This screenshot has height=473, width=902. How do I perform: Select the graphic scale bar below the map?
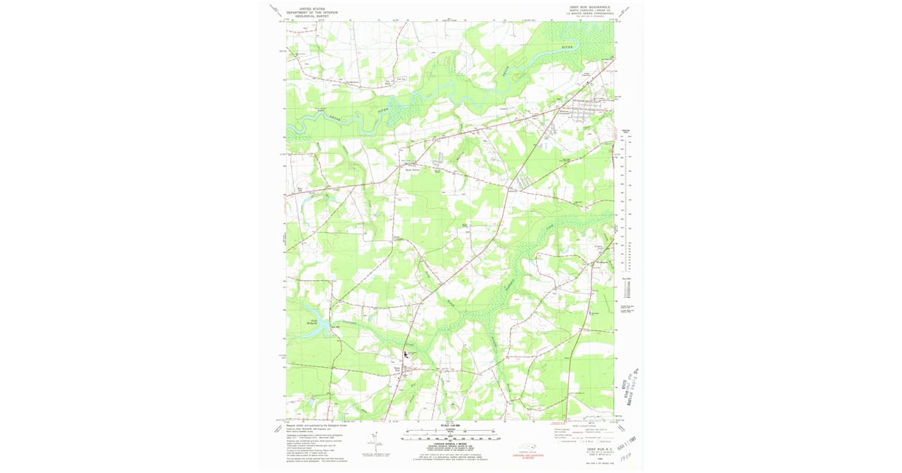point(449,432)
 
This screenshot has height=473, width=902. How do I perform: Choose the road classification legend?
point(583,431)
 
